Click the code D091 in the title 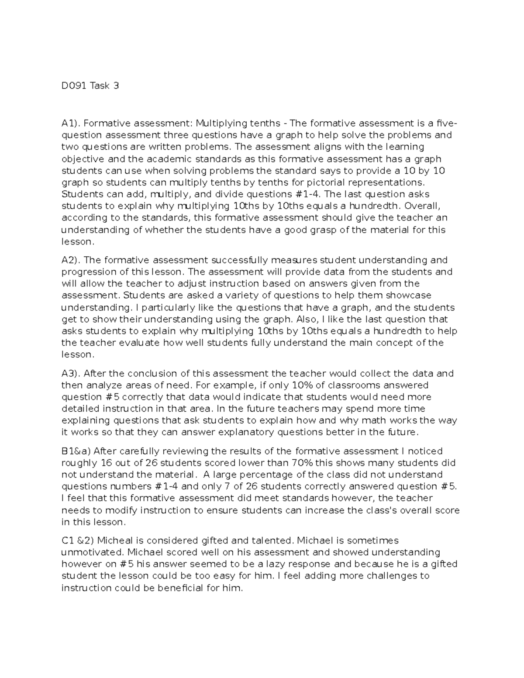pos(74,86)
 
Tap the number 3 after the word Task pos(116,86)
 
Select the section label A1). pos(71,123)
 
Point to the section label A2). pos(71,260)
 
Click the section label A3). pos(71,374)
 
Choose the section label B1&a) pos(76,451)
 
